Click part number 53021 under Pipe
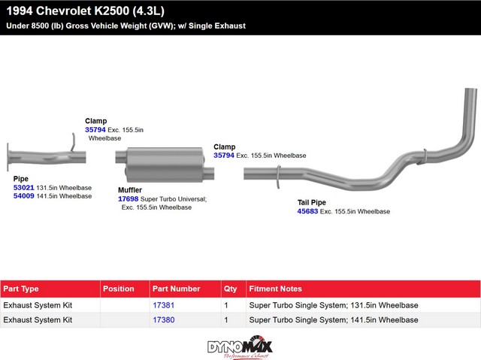[23, 188]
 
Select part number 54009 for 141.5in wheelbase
[23, 196]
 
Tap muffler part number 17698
[129, 199]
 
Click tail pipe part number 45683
[307, 211]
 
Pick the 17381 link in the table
[164, 305]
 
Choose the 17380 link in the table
[164, 320]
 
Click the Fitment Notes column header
[276, 289]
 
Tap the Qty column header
[231, 289]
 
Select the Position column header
[119, 289]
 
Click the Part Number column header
[177, 289]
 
